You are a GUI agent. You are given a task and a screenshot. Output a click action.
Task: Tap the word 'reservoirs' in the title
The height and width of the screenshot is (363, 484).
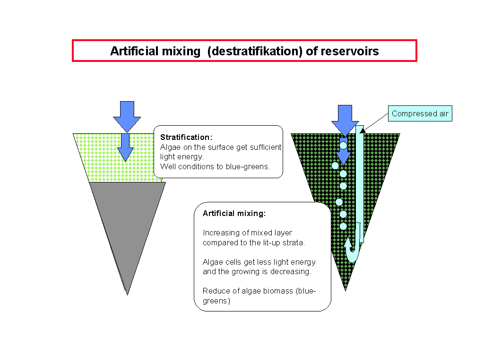349,51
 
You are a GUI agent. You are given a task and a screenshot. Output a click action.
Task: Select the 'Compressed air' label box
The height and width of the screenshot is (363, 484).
420,113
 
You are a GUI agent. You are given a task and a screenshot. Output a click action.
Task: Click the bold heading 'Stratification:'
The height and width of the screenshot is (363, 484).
186,137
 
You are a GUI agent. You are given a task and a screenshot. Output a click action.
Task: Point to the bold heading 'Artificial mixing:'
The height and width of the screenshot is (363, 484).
234,213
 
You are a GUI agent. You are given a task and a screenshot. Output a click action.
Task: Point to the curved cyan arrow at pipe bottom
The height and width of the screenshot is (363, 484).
352,251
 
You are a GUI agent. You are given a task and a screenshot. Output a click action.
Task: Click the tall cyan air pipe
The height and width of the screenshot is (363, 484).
360,184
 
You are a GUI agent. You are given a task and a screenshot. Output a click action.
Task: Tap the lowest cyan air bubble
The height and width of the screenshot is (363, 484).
343,226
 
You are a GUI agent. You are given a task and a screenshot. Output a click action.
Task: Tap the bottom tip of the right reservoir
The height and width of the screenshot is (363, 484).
346,289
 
